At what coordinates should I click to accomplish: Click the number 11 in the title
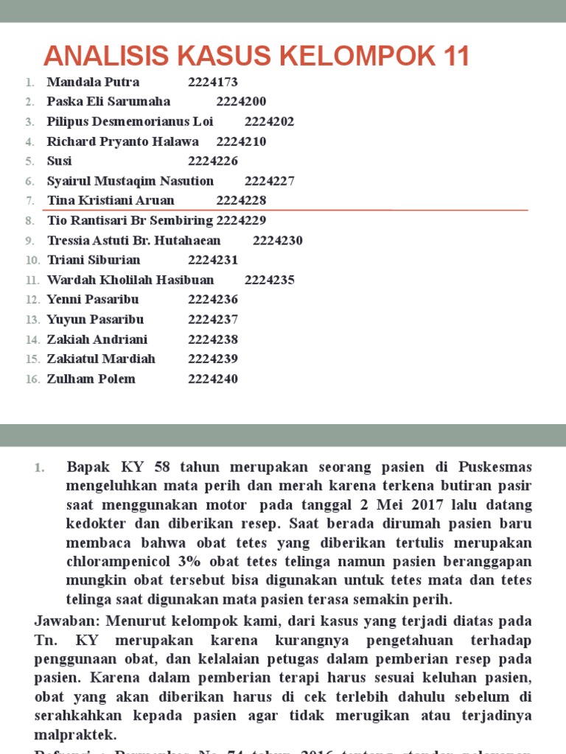point(451,56)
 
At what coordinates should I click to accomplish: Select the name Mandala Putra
point(93,82)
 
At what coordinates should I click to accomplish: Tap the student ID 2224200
point(241,102)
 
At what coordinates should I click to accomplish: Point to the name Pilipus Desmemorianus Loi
point(130,121)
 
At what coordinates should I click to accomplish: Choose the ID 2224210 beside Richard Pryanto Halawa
point(241,141)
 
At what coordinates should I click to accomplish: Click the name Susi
point(60,161)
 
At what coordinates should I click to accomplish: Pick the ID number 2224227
point(269,180)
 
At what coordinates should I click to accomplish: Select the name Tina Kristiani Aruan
point(111,200)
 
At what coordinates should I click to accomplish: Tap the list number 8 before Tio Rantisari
point(29,221)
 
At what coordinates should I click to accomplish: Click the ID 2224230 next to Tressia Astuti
point(278,240)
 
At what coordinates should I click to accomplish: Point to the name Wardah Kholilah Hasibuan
point(130,280)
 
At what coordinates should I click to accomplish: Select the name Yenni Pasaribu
point(93,300)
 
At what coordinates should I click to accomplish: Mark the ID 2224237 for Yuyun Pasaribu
point(213,320)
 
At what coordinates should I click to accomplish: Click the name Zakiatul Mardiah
point(102,359)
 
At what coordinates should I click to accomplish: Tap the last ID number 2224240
point(213,379)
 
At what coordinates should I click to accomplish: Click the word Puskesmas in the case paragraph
point(495,468)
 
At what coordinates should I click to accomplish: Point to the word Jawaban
point(62,621)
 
